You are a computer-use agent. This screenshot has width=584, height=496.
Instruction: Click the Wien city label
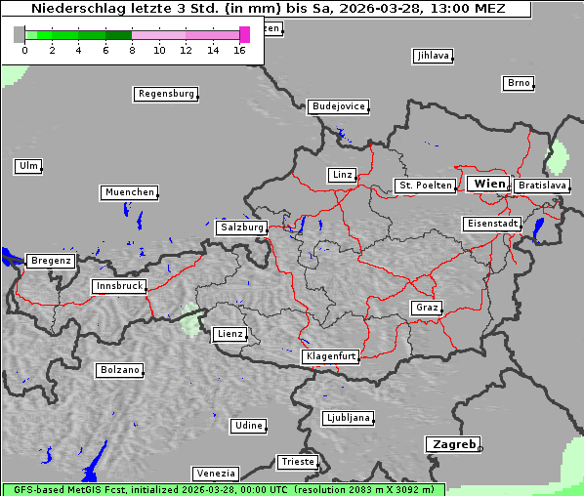click(489, 184)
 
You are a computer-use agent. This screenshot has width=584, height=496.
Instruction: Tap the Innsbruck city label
click(119, 286)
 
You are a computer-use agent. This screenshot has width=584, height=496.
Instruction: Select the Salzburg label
click(242, 227)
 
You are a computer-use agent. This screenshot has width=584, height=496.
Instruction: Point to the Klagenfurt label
click(330, 356)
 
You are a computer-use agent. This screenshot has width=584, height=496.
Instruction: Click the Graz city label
click(426, 308)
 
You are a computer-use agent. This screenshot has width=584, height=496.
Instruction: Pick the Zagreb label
click(452, 444)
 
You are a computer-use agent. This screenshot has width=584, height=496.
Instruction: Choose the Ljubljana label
click(348, 418)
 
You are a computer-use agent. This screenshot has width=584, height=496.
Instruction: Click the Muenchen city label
click(129, 192)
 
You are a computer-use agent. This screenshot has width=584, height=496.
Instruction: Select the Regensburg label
click(165, 94)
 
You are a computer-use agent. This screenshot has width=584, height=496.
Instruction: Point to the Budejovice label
click(338, 106)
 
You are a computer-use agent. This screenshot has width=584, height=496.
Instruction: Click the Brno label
click(519, 83)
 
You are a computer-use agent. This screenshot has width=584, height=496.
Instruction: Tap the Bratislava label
click(541, 185)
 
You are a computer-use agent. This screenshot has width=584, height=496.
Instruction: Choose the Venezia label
click(214, 474)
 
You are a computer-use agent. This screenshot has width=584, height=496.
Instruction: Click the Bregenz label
click(51, 261)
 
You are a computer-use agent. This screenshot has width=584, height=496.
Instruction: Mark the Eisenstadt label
click(491, 224)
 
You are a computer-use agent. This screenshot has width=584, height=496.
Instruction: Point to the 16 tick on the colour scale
click(240, 50)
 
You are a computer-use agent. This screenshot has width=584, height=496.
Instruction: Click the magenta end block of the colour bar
click(244, 34)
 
